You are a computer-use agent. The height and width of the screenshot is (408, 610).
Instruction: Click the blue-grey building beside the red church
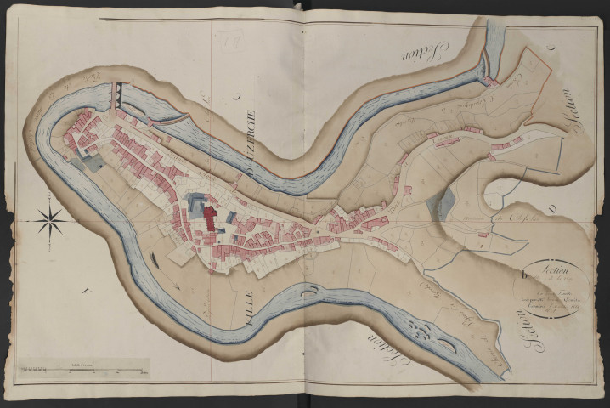coord(195,205)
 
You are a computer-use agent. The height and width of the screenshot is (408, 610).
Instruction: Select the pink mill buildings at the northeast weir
coord(492,81)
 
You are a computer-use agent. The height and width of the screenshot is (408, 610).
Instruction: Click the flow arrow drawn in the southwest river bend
coord(154,258)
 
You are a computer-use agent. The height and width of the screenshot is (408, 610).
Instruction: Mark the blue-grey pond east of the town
coord(443,205)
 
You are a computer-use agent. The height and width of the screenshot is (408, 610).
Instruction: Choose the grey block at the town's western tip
coord(85,157)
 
